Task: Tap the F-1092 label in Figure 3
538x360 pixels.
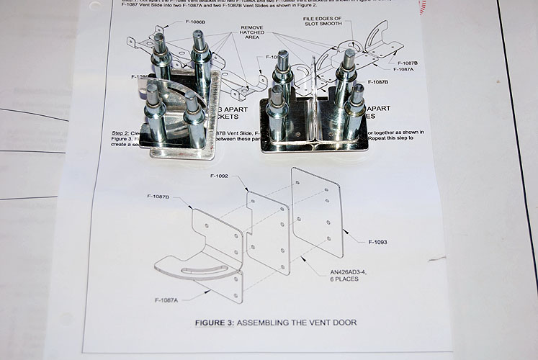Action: pyautogui.click(x=221, y=175)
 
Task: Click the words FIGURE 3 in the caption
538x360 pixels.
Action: pyautogui.click(x=214, y=323)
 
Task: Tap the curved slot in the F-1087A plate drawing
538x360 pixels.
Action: pyautogui.click(x=198, y=269)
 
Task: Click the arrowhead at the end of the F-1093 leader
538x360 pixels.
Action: pyautogui.click(x=344, y=230)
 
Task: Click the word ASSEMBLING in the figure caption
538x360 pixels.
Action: pyautogui.click(x=261, y=323)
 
